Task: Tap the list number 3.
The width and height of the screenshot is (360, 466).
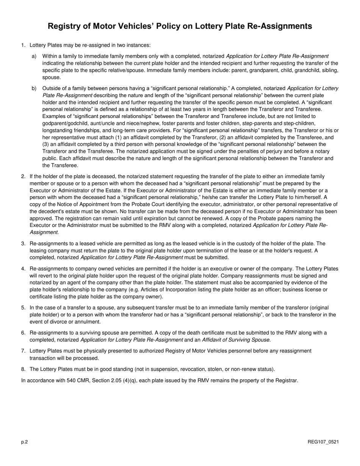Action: click(x=23, y=244)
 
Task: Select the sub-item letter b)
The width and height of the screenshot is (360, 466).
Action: click(x=34, y=88)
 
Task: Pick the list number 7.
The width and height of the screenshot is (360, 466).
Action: click(x=23, y=351)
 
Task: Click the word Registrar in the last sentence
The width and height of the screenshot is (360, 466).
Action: click(x=285, y=380)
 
